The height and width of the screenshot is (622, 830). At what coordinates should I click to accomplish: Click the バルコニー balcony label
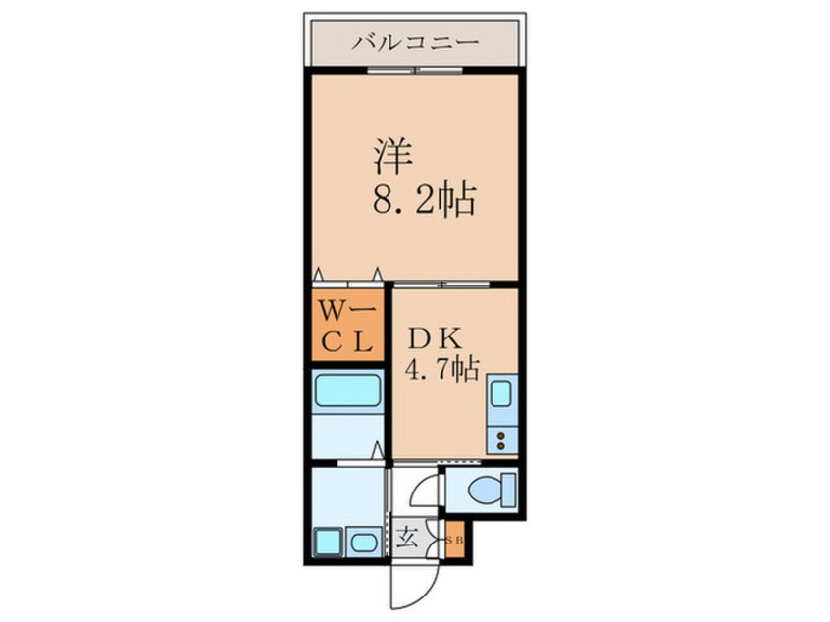(x=415, y=43)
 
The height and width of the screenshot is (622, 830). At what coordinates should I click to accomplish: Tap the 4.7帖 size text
(x=442, y=369)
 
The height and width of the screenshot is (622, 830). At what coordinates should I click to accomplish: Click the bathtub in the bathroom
(x=348, y=394)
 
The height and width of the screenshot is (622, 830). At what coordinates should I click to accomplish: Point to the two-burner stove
(x=501, y=439)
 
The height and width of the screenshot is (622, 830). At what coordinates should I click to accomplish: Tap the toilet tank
(x=506, y=488)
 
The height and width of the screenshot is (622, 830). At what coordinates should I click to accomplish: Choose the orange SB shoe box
(x=454, y=541)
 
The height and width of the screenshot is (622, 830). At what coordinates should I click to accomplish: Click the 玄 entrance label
(x=407, y=537)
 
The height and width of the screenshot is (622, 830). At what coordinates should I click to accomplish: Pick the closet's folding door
(x=347, y=277)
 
